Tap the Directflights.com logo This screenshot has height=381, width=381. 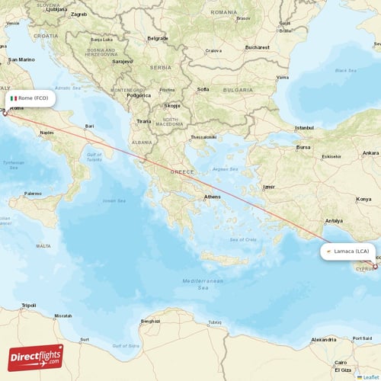point(36,357)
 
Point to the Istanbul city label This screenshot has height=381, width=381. point(305,127)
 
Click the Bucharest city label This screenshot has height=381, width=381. point(257,47)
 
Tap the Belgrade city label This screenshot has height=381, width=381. point(158,38)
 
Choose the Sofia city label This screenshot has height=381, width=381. point(203,89)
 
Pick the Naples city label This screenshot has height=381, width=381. point(47,132)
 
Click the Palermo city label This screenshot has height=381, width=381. point(32,194)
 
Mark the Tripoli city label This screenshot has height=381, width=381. point(29,305)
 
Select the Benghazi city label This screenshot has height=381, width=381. point(151,321)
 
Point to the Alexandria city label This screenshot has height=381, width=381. point(323,339)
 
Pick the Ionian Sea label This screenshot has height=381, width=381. point(114,200)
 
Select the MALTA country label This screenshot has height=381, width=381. point(43,246)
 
